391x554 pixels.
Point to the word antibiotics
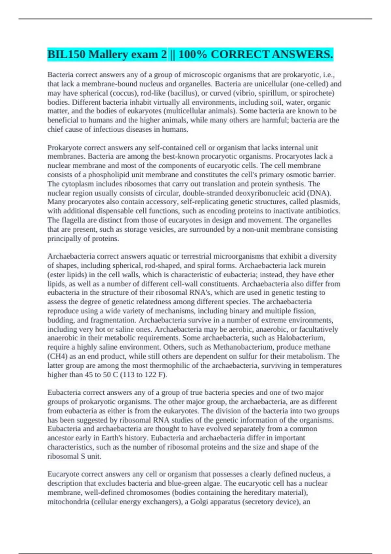point(323,211)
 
